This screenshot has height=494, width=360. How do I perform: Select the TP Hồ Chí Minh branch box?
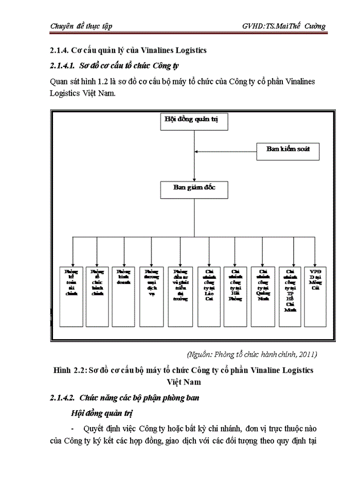(x=290, y=296)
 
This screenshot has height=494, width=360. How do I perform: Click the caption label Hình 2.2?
(x=69, y=370)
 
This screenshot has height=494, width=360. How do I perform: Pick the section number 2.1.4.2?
(x=62, y=398)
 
